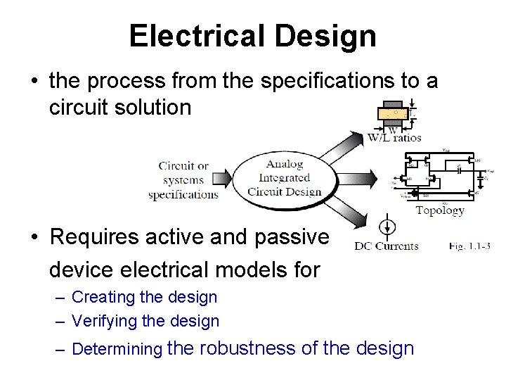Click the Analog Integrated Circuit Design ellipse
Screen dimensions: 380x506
click(285, 177)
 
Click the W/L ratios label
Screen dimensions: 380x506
click(394, 137)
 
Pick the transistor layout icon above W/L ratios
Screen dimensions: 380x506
click(395, 112)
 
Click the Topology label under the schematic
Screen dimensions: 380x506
click(440, 210)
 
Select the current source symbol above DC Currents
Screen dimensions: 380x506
click(385, 227)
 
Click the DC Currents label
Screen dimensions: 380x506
click(386, 246)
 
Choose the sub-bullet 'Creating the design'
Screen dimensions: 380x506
click(144, 297)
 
